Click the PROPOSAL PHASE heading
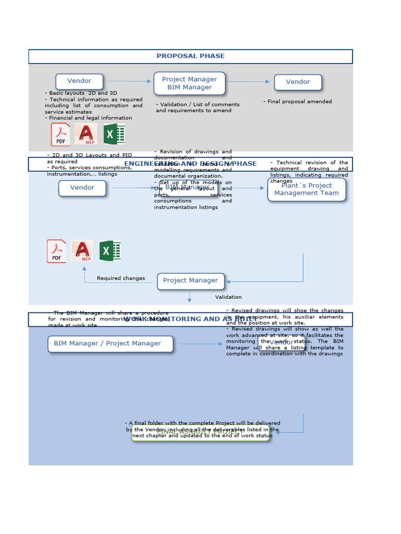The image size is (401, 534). (x=191, y=56)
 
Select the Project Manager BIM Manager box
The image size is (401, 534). (x=190, y=83)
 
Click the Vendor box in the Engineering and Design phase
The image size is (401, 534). (x=82, y=188)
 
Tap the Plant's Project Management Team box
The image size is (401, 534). (x=306, y=189)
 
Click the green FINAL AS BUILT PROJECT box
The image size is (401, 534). (x=200, y=433)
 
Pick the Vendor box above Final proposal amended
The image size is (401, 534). (x=298, y=82)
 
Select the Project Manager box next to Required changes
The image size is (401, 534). (x=191, y=281)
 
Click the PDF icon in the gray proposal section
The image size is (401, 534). (x=61, y=135)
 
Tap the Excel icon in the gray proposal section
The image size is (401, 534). (x=114, y=135)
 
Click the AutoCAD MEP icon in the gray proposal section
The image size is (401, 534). (x=86, y=134)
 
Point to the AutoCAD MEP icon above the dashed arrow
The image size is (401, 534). (x=82, y=251)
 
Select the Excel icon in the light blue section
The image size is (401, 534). (x=110, y=251)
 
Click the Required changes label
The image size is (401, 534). (x=121, y=278)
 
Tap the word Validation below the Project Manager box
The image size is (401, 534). (x=228, y=297)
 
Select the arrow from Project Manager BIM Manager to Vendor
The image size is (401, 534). (x=250, y=81)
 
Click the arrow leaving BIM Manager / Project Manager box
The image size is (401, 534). (x=201, y=344)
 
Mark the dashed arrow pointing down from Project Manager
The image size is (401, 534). (x=189, y=297)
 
